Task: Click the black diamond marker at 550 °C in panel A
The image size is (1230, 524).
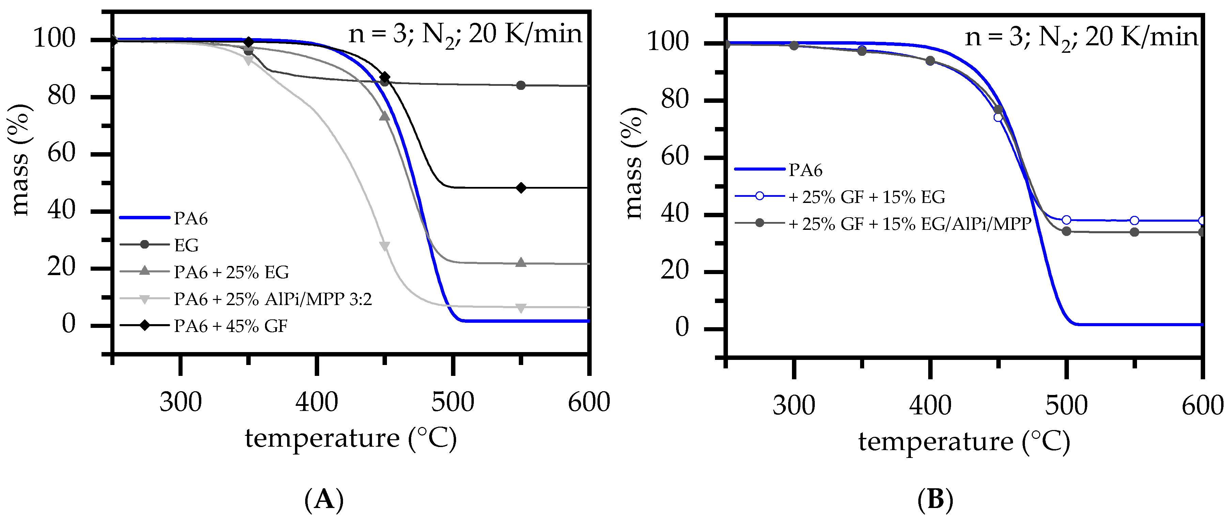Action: click(521, 188)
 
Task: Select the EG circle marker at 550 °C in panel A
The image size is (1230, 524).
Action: click(521, 85)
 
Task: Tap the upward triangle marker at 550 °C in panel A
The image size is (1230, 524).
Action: click(521, 263)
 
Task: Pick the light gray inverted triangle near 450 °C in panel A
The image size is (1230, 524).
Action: click(384, 246)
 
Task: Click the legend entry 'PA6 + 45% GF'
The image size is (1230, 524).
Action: click(230, 326)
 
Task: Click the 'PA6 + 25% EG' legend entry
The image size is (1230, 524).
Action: click(231, 272)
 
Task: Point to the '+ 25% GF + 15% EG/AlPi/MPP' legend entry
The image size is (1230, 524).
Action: click(909, 223)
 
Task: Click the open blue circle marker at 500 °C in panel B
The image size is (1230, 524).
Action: click(1066, 220)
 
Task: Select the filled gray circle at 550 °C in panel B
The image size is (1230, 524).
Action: click(1135, 232)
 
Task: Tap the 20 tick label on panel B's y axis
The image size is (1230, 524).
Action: click(675, 271)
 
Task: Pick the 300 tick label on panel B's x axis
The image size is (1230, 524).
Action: click(794, 405)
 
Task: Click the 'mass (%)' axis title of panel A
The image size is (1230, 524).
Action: click(20, 160)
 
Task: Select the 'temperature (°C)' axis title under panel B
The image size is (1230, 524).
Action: click(964, 442)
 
